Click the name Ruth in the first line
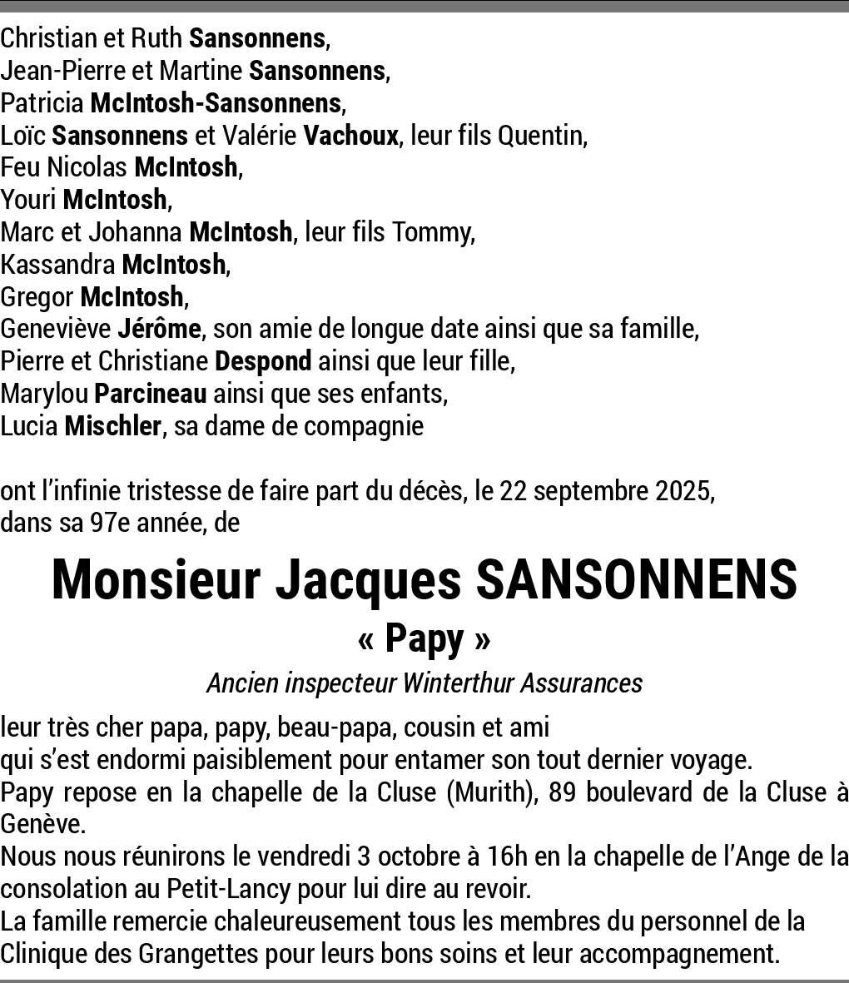tap(158, 38)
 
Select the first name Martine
tap(202, 71)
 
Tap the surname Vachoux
tap(350, 135)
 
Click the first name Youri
tap(29, 200)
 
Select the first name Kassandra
tap(58, 265)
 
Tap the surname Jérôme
tap(159, 329)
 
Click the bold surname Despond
tap(263, 361)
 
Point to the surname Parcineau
tap(151, 394)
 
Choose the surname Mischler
tap(112, 426)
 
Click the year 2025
tap(683, 491)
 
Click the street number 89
tap(563, 792)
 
